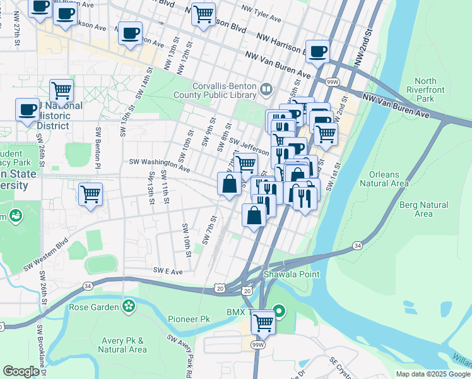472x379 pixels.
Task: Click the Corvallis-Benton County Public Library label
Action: tap(215, 91)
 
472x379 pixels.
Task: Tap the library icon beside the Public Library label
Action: tap(265, 90)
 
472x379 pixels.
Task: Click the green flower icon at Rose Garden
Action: tap(129, 306)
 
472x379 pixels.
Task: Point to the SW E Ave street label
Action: tap(168, 271)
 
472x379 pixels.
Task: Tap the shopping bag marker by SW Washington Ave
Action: tap(230, 184)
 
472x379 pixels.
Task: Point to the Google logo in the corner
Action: tap(21, 371)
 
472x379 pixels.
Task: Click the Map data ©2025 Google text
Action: tap(433, 374)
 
